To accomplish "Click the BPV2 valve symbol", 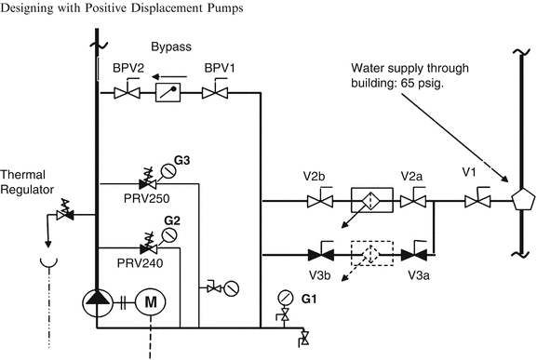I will point(127,92).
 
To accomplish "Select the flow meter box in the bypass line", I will point(169,92).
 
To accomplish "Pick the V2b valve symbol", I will point(322,200).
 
